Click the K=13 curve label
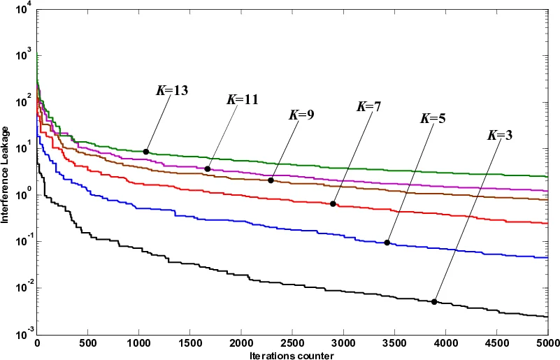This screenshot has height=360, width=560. (172, 90)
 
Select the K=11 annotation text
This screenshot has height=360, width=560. (242, 99)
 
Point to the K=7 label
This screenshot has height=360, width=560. (370, 107)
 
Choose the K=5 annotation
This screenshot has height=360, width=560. (433, 119)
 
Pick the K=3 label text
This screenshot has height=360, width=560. (499, 135)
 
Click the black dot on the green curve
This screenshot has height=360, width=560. (146, 152)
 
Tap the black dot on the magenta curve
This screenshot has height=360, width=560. (208, 168)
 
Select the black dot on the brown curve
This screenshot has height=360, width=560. (271, 180)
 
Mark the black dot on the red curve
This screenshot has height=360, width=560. (333, 204)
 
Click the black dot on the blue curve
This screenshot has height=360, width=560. (387, 243)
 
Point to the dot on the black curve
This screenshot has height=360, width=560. (434, 302)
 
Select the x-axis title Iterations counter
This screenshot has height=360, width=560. (292, 356)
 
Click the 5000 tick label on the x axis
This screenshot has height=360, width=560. (547, 345)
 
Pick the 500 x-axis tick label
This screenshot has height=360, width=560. (87, 345)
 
